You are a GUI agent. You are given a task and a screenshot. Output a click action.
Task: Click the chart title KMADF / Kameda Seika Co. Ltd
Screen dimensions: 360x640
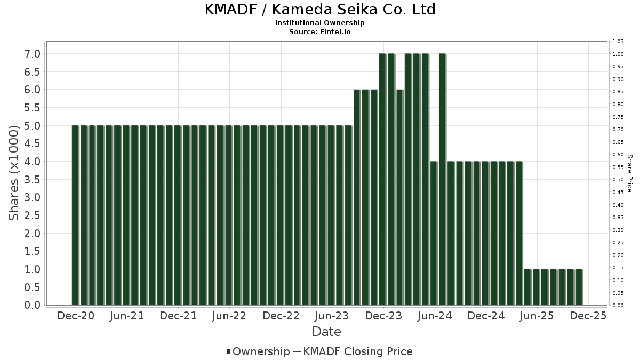[x=320, y=10]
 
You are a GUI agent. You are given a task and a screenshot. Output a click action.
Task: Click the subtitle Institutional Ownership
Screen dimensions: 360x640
[x=320, y=23]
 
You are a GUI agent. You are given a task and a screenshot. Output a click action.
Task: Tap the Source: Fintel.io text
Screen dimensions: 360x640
[x=320, y=31]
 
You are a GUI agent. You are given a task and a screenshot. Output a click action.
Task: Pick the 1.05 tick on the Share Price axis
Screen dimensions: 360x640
[x=618, y=42]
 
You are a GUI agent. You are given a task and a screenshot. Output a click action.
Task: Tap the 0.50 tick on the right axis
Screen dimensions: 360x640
[x=618, y=180]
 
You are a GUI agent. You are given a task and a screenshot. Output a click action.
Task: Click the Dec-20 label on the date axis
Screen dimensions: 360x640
[x=76, y=316]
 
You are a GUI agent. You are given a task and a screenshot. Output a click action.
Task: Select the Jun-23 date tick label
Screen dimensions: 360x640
[x=332, y=316]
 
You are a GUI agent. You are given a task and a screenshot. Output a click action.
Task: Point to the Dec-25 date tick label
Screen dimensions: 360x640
[x=588, y=316]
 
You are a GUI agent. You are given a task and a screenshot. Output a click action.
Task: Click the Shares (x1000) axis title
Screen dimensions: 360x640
[x=14, y=172]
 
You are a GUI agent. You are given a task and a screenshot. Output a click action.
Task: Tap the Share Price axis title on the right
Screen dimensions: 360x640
[x=629, y=173]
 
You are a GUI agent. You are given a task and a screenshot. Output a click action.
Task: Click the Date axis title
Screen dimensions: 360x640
[x=326, y=332]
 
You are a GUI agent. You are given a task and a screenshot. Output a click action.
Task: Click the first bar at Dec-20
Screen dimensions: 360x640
[x=75, y=215]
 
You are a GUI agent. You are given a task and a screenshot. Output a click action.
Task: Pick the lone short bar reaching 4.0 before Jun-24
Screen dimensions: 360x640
[x=434, y=233]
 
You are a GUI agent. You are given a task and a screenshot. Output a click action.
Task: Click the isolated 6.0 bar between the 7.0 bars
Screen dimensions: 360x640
[x=399, y=197]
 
